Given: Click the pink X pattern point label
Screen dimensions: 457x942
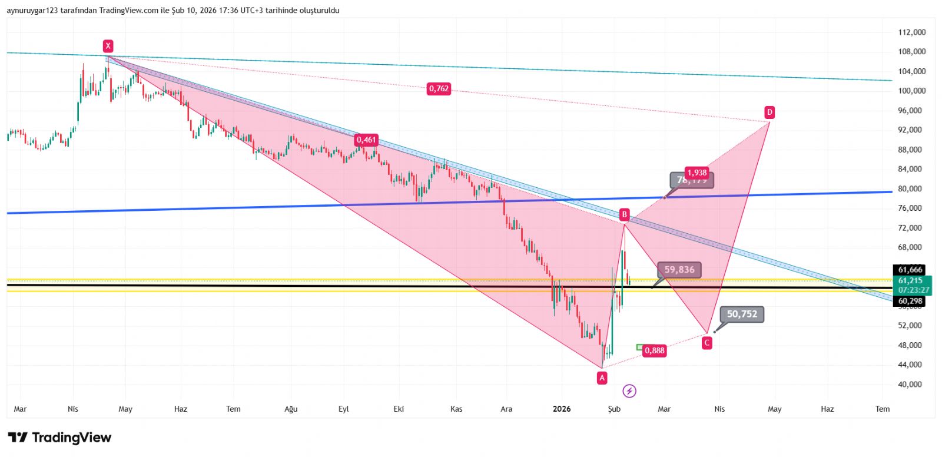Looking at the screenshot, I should tap(108, 46).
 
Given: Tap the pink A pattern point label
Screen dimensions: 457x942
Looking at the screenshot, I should tap(602, 378).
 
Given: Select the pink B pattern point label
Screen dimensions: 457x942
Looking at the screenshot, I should tap(624, 214).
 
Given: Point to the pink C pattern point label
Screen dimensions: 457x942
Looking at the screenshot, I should tap(707, 343).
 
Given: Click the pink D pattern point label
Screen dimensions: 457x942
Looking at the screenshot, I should tap(769, 112).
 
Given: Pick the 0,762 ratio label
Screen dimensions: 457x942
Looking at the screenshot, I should tap(439, 89).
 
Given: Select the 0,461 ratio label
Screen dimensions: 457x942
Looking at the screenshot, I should tap(366, 140).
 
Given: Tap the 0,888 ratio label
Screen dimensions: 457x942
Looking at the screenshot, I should tap(654, 350).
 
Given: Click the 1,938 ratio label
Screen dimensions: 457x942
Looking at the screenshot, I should tap(697, 173).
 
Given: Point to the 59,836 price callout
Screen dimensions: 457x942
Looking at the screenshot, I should tap(679, 270).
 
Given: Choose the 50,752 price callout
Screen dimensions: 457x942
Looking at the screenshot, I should tap(742, 314).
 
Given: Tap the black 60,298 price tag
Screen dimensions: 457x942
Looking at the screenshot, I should tap(910, 301).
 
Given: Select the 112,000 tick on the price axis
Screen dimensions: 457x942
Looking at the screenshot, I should tap(911, 32).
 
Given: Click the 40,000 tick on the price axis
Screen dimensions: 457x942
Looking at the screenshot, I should tap(910, 385).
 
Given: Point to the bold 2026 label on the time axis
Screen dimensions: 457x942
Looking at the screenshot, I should tap(562, 409).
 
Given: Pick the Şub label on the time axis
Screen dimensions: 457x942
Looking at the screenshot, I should tap(614, 409).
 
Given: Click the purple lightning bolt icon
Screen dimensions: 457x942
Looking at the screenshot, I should tap(629, 391).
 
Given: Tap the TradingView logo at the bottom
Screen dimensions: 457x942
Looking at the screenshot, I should tap(59, 438).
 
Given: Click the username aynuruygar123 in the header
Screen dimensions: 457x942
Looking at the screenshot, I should tap(32, 11).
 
